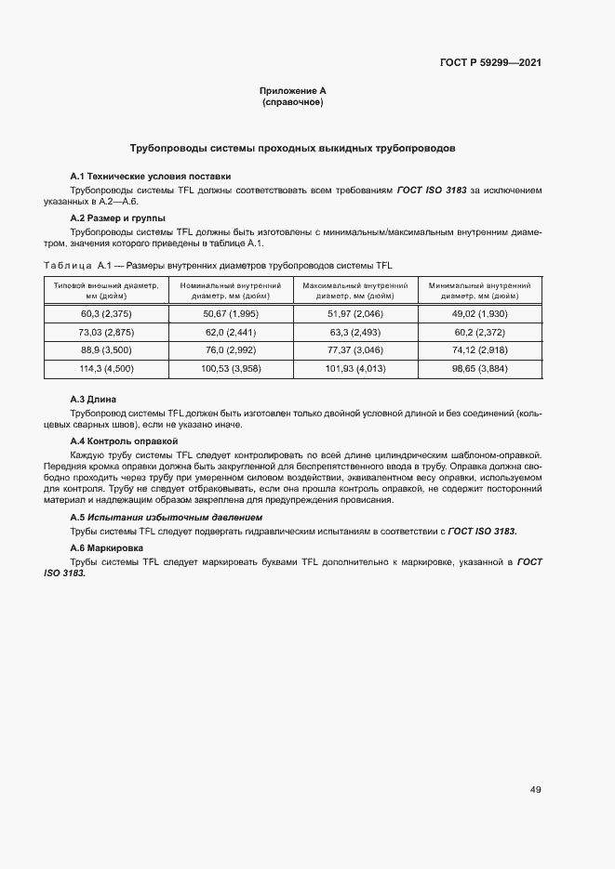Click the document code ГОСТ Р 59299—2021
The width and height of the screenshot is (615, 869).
tap(490, 63)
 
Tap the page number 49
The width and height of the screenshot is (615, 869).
tap(535, 790)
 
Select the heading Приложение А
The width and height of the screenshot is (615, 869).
tap(292, 90)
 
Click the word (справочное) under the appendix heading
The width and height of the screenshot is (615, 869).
tap(292, 101)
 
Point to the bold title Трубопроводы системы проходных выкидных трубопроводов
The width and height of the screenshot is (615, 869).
tap(292, 148)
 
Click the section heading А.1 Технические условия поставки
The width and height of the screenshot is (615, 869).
tap(151, 177)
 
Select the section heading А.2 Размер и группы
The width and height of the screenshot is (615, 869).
tap(118, 218)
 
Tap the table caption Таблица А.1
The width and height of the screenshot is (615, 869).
tap(220, 266)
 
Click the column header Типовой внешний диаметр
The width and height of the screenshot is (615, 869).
tap(107, 291)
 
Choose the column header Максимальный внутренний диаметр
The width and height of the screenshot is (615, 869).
tap(354, 291)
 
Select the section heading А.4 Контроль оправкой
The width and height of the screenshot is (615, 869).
tap(124, 441)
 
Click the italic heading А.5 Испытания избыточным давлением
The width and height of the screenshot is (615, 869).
tap(167, 517)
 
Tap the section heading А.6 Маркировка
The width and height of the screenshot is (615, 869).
tap(106, 548)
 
